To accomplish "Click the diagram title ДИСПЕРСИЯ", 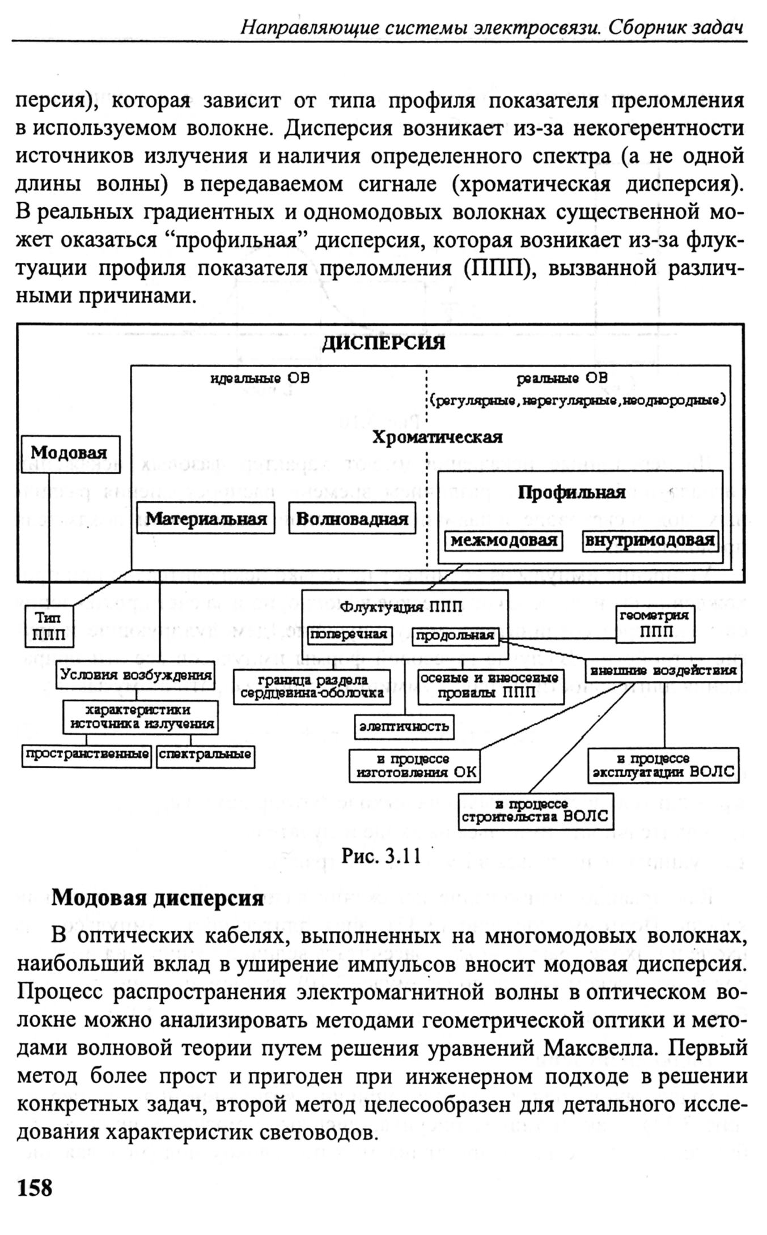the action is pos(384,343).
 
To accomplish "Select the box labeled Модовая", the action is pos(71,454).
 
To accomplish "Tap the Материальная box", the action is pos(206,518).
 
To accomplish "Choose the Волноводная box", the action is pos(352,518).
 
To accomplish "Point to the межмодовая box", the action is pos(503,540).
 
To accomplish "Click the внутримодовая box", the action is pos(650,540).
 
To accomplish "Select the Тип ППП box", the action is pos(49,627).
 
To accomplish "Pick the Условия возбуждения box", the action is pos(136,675).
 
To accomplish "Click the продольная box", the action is pos(455,636).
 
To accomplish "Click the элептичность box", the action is pos(404,726).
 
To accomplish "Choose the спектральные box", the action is pos(205,755).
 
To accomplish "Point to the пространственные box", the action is pos(87,755).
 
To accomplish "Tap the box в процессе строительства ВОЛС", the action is pos(536,811).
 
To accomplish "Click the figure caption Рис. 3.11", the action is pos(381,856).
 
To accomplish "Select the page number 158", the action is pos(35,1188).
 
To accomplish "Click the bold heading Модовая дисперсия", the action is pos(158,898).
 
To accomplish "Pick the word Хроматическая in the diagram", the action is pos(437,437).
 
